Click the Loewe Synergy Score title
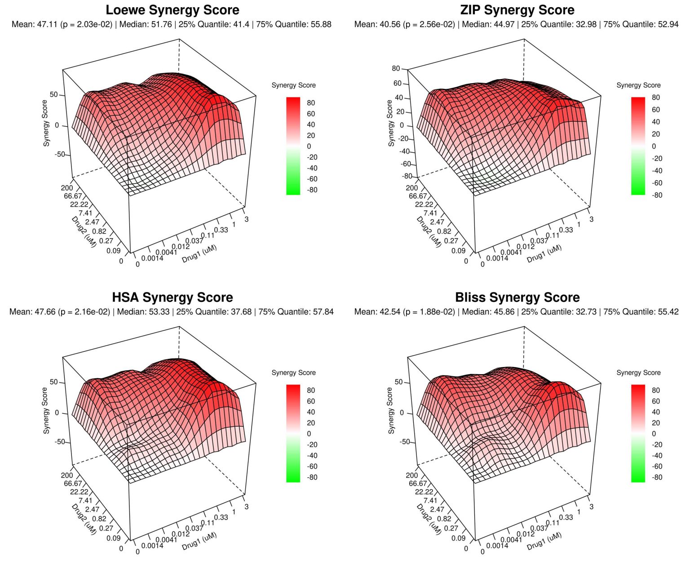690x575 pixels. tap(172, 10)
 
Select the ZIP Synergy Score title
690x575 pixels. tap(517, 10)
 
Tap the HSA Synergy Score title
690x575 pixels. tap(172, 297)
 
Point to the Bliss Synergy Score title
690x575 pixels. tap(517, 297)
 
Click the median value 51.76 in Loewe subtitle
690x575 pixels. tap(161, 24)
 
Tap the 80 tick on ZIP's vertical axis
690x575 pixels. tap(395, 68)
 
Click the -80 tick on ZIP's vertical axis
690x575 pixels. tap(407, 176)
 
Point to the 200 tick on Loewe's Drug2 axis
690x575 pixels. tap(66, 188)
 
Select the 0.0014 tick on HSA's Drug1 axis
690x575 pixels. tap(152, 545)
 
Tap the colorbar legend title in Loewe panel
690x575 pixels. tap(293, 85)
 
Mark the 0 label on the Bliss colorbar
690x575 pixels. tap(654, 433)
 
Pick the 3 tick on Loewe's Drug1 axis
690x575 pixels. tap(246, 219)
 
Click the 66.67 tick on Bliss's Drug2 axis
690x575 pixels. tap(418, 483)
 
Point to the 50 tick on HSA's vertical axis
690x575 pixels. tap(54, 382)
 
